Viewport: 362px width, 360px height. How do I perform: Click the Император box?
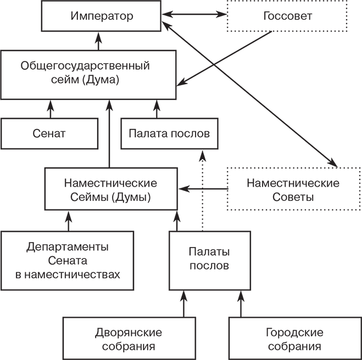pyautogui.click(x=102, y=16)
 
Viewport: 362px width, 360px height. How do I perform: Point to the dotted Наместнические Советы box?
pyautogui.click(x=293, y=190)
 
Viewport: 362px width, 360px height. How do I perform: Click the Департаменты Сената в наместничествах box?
pyautogui.click(x=68, y=261)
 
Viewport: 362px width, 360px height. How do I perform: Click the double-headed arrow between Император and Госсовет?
pyautogui.click(x=194, y=16)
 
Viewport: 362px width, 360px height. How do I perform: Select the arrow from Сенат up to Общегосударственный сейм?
pyautogui.click(x=51, y=109)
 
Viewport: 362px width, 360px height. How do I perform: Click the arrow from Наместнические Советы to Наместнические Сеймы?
pyautogui.click(x=203, y=189)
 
